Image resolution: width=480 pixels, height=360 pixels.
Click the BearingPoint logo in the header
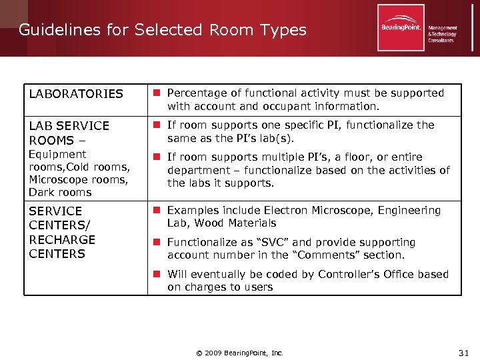[x=401, y=27]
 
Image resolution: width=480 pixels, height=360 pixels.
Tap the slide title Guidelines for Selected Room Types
[x=162, y=30]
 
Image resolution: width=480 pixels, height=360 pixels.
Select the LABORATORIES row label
[x=76, y=94]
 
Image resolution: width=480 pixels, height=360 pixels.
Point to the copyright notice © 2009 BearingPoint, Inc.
[x=240, y=353]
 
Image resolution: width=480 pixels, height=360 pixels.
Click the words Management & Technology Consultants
[x=443, y=34]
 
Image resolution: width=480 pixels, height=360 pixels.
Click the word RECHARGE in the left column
[x=62, y=239]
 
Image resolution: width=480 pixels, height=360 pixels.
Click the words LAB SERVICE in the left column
[x=69, y=126]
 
